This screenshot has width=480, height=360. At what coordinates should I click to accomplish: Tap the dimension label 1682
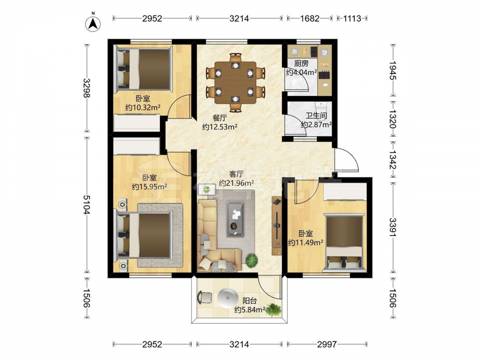[x=310, y=19]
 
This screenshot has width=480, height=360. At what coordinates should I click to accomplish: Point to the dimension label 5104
[x=87, y=205]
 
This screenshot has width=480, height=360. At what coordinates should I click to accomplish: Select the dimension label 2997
[x=326, y=345]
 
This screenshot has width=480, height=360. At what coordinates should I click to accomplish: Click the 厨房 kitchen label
[x=301, y=63]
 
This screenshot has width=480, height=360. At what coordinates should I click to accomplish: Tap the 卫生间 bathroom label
[x=316, y=116]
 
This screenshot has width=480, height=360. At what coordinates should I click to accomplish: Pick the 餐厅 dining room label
[x=220, y=118]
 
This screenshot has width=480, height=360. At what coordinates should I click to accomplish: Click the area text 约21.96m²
[x=236, y=183]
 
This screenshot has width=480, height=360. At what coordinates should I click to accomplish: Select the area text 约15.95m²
[x=149, y=186]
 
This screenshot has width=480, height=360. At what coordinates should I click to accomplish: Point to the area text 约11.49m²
[x=305, y=242]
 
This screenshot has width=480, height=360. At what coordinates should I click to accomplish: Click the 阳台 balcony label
[x=250, y=300]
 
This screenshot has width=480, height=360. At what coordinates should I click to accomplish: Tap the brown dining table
[x=235, y=83]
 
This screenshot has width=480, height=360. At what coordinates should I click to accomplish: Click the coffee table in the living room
[x=235, y=218]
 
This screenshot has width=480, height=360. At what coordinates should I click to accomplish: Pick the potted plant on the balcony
[x=273, y=310]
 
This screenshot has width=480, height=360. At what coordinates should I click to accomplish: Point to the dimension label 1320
[x=393, y=119]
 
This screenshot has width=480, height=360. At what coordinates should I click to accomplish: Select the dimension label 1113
[x=352, y=19]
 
